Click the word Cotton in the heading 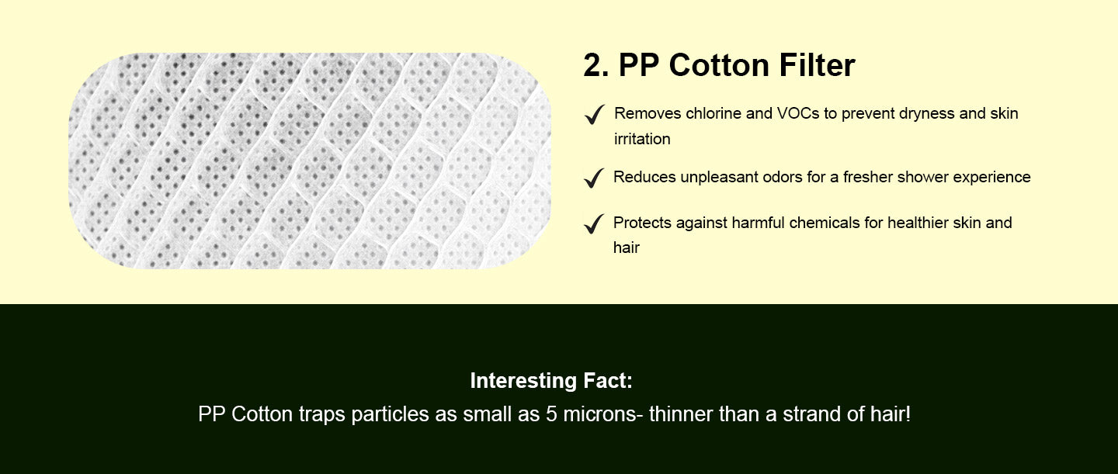(x=717, y=65)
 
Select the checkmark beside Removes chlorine (x=595, y=114)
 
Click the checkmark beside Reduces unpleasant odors (x=594, y=178)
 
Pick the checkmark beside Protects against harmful (x=594, y=223)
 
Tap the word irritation (x=642, y=139)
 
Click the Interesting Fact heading (x=551, y=381)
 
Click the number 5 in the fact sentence (x=551, y=414)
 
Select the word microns (x=599, y=414)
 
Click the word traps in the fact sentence (x=322, y=414)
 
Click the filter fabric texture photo (x=310, y=161)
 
